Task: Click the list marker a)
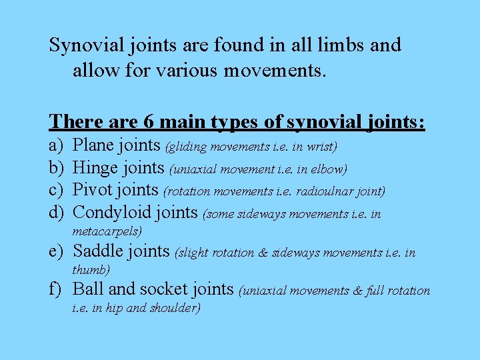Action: [55, 145]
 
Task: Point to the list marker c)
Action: [55, 190]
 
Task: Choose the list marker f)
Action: [56, 289]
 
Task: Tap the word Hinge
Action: [95, 168]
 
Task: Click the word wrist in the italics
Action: [323, 146]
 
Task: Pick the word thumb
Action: [90, 270]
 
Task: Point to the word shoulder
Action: [175, 308]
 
